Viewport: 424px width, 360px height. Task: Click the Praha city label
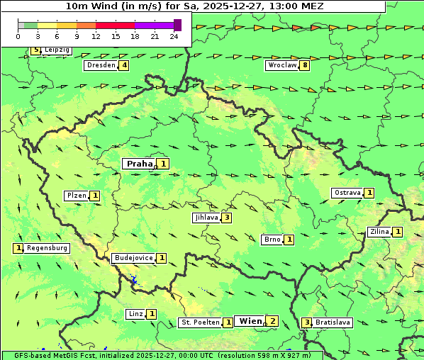(139, 164)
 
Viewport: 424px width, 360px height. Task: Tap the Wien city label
(250, 321)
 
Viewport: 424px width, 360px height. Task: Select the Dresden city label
(100, 65)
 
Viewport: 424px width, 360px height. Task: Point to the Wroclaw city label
(281, 65)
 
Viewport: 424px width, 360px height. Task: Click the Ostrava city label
(347, 193)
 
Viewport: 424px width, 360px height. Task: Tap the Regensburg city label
(48, 248)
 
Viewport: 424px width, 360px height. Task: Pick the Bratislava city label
(333, 322)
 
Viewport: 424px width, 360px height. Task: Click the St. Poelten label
(200, 322)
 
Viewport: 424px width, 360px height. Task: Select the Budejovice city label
(133, 258)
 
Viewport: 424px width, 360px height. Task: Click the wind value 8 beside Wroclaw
(305, 65)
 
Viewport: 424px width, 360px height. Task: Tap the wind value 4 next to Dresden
(125, 65)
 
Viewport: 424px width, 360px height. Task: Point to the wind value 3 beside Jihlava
(226, 218)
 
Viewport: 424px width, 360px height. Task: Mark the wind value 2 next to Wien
(272, 321)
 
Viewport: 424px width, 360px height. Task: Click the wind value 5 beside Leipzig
(35, 50)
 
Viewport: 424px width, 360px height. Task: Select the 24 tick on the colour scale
(174, 36)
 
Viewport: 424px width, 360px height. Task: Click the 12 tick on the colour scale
(96, 36)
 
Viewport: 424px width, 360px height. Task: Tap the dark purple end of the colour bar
(177, 25)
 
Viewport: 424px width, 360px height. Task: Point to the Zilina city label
(379, 232)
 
